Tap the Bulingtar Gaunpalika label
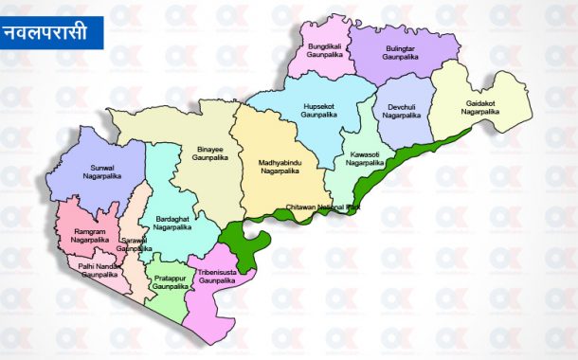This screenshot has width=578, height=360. [400, 51]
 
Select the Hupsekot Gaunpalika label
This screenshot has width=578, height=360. [318, 109]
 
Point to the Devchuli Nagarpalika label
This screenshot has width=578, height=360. [402, 111]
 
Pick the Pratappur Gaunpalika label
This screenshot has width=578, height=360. [170, 282]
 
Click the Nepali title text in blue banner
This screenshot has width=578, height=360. [50, 32]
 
